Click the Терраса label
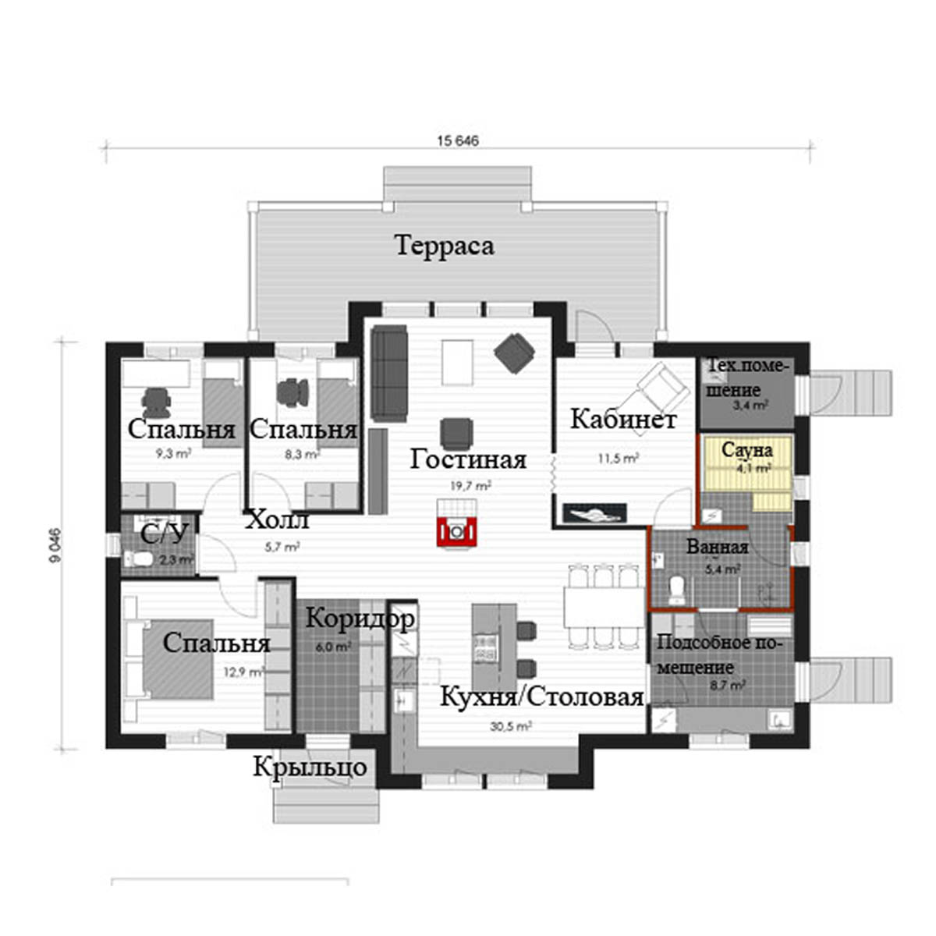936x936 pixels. click(445, 245)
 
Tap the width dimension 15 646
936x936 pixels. click(458, 141)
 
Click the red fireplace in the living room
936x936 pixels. click(456, 532)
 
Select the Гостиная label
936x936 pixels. click(468, 459)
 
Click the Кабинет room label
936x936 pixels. click(623, 419)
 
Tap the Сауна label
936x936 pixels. click(747, 450)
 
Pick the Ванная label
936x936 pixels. click(717, 548)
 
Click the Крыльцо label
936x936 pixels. click(310, 768)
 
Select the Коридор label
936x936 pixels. click(360, 619)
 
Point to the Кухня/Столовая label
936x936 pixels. click(541, 697)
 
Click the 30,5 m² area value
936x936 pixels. click(510, 727)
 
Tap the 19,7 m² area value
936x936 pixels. click(470, 486)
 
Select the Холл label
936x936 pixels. click(278, 520)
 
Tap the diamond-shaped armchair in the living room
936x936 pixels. click(514, 353)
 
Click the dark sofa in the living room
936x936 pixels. click(388, 373)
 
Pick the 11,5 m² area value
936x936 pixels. click(618, 458)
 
